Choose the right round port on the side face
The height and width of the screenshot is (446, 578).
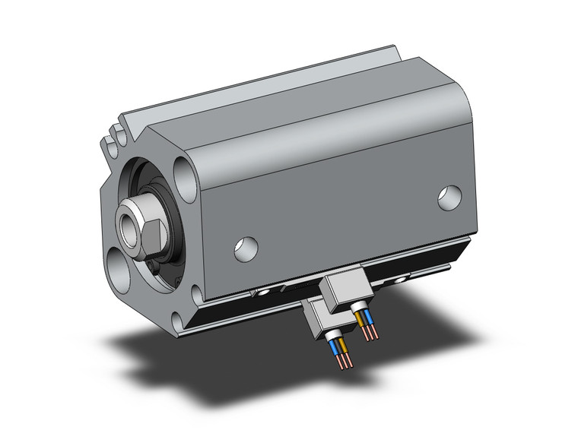[x=449, y=197]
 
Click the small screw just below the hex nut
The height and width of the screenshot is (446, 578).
[x=155, y=266]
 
